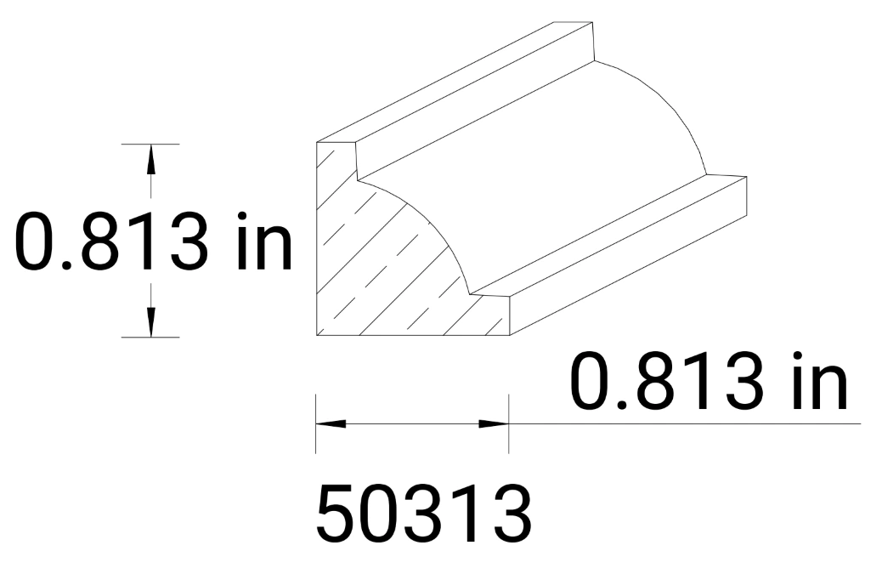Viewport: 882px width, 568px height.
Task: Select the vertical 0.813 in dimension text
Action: coord(153,241)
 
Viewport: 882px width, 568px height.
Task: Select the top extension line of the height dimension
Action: coord(150,145)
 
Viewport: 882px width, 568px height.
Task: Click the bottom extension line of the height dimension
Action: coord(150,338)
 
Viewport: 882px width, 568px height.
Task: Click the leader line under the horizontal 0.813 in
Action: coord(680,423)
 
